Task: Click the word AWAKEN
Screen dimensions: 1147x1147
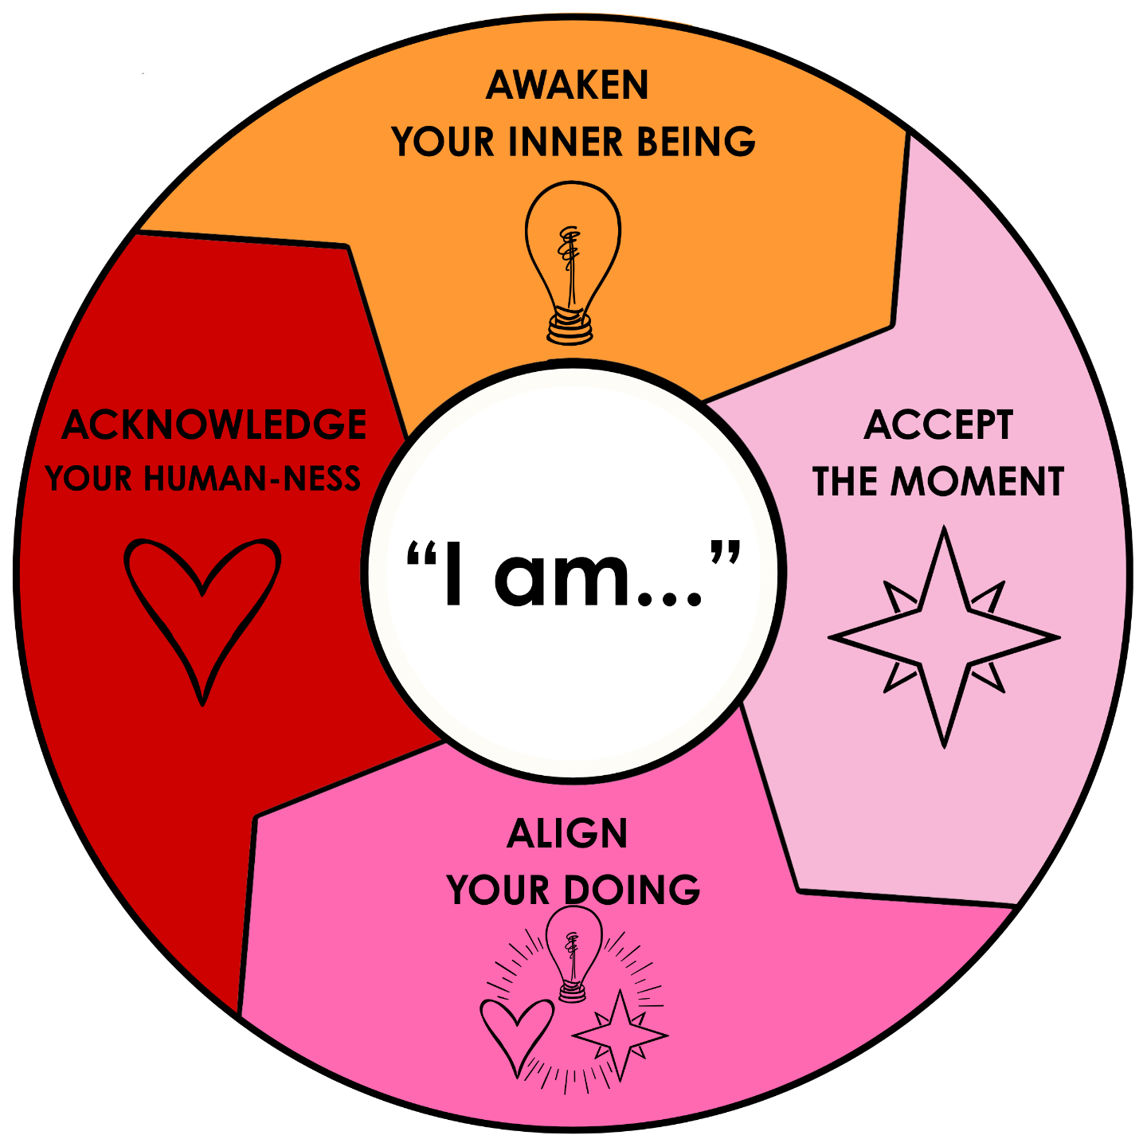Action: (x=567, y=85)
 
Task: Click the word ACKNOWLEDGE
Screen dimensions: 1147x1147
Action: (x=213, y=425)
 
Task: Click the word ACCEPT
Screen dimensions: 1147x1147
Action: (x=938, y=425)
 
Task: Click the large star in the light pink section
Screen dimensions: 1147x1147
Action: (x=944, y=637)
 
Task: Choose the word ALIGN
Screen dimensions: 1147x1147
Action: (x=567, y=834)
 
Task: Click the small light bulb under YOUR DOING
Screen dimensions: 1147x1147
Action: (x=573, y=952)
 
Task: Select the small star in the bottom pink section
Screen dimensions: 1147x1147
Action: (x=619, y=1034)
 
